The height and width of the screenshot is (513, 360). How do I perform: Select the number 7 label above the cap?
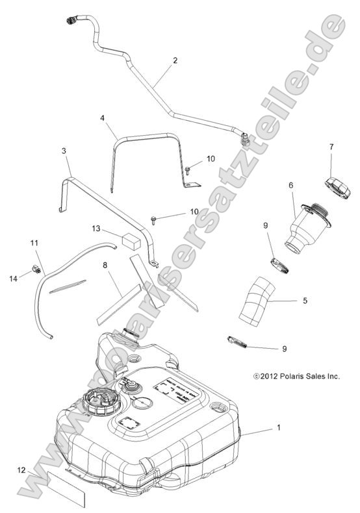point(331,147)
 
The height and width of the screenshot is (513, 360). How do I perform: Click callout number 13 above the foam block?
point(96,228)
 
